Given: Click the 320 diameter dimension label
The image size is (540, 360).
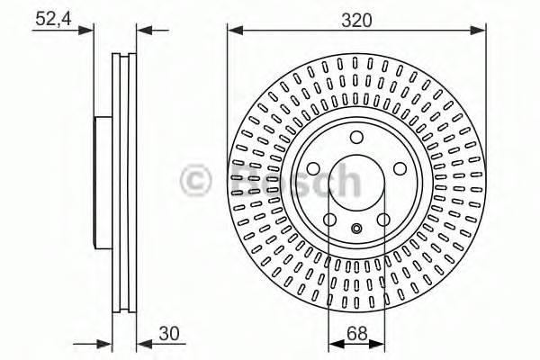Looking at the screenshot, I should pos(356,16).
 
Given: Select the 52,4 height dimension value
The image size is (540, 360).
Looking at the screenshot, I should pos(54,16).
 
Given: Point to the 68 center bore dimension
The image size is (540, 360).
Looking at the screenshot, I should pos(356,334).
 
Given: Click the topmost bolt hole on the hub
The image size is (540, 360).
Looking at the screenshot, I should pos(356,138).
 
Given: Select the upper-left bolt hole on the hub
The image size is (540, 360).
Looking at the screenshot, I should pos(315,167).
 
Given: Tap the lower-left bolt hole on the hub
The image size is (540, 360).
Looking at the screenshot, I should pos(330,219).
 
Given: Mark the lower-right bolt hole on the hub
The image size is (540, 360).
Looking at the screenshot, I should pos(383,219).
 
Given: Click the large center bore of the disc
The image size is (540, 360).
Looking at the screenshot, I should pos(356,183).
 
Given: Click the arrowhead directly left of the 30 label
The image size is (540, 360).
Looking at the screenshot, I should pos(142,343).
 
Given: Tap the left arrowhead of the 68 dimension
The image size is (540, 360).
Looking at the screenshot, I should pos(333,343).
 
